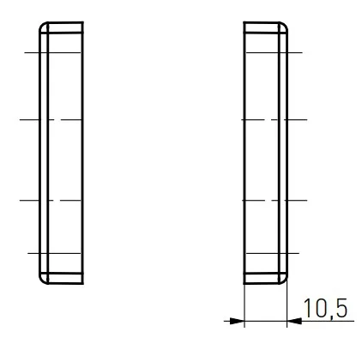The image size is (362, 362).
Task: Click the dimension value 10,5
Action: coord(325,308)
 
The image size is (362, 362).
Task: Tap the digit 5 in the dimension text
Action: coord(341,308)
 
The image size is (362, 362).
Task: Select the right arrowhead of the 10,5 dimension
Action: coord(294,321)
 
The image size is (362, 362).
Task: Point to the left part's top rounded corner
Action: coord(42,25)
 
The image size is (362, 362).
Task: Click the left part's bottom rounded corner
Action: coord(42,281)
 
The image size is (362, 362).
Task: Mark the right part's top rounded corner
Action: coord(285,25)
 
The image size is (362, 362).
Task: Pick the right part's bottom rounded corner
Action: coord(285,281)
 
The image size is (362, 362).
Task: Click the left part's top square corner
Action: coord(83,22)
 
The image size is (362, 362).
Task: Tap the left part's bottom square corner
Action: coord(83,284)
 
